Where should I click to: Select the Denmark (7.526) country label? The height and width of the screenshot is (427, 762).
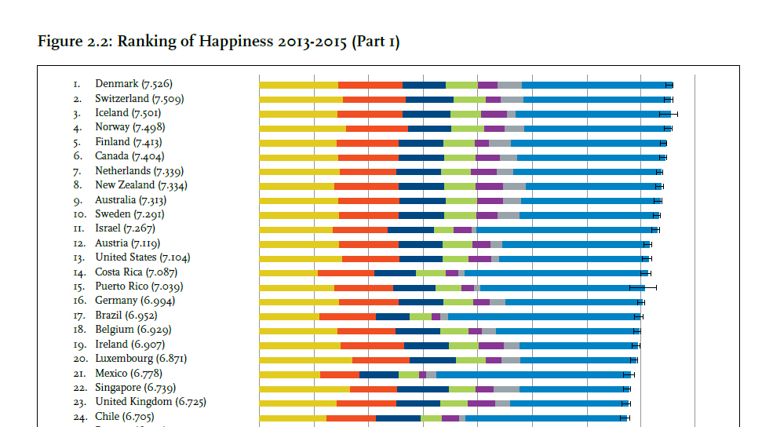tap(133, 84)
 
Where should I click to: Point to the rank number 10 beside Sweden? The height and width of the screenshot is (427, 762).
tap(78, 214)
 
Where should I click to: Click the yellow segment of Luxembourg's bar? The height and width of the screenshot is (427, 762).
tap(305, 359)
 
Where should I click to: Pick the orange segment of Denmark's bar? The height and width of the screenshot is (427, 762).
tap(370, 85)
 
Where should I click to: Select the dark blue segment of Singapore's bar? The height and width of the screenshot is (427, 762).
tap(422, 389)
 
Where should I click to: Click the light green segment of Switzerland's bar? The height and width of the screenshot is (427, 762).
tap(469, 100)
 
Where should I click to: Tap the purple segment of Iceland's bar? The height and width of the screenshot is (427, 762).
tap(494, 114)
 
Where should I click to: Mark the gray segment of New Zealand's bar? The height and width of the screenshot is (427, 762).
tap(514, 186)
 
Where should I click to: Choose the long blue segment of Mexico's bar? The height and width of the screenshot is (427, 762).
tap(533, 374)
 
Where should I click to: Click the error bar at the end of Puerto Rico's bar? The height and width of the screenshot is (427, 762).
tap(643, 287)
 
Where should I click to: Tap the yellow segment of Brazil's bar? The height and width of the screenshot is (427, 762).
tap(289, 316)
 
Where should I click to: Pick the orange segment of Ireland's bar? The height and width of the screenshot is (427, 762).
tap(372, 345)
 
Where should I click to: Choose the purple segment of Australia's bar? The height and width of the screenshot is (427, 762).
tap(490, 201)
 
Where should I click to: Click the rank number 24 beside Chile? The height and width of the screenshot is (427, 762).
tap(78, 417)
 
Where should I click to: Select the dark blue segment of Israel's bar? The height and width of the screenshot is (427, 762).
tap(410, 229)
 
